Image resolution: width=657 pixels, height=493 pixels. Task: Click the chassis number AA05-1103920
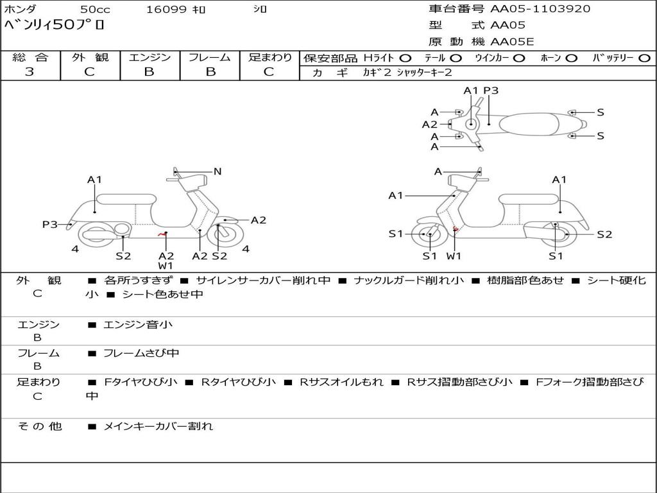click(x=540, y=9)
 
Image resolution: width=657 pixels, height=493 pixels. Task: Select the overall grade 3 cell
click(x=30, y=72)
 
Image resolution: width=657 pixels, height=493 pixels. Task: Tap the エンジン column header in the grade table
click(x=149, y=57)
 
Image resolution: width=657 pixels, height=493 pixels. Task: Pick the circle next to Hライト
click(x=405, y=58)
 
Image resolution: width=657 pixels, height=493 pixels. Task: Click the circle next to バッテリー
click(x=644, y=58)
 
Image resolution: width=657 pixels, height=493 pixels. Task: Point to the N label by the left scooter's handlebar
click(x=218, y=171)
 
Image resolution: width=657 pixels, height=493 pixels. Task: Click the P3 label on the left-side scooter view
click(x=49, y=224)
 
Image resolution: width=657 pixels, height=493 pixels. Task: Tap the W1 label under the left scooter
click(x=166, y=266)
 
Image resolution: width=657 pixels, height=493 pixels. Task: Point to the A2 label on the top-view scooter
click(x=429, y=125)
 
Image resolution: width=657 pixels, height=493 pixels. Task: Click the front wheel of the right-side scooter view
click(x=429, y=236)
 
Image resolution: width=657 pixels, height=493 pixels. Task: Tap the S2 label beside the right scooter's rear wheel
click(x=604, y=234)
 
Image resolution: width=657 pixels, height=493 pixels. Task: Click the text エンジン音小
click(x=138, y=325)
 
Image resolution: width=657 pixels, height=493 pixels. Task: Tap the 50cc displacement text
click(x=94, y=9)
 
